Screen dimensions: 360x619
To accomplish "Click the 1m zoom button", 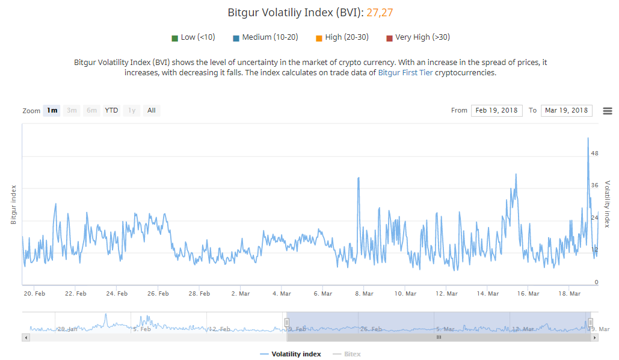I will [52, 110].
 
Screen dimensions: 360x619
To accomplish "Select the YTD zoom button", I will [111, 110].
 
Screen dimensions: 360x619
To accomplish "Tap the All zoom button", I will [152, 110].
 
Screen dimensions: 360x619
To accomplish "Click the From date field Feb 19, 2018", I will [496, 110].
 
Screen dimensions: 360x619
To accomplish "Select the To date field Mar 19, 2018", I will [566, 110].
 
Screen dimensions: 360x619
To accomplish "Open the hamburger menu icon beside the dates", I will [607, 111].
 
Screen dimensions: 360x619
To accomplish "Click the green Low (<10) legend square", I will [174, 38].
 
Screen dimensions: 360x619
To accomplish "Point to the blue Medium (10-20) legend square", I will [236, 38].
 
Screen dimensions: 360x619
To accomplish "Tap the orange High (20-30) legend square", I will [319, 38].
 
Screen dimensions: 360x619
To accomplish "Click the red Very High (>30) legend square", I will [389, 38].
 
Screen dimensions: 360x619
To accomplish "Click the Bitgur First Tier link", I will [405, 73].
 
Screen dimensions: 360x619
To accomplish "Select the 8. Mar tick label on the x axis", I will [364, 294].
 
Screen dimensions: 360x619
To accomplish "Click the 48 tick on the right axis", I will [594, 154].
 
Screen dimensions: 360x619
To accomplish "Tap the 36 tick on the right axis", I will [594, 185].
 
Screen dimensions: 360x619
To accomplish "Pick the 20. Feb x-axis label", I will [34, 294].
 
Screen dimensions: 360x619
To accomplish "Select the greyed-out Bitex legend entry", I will [352, 354].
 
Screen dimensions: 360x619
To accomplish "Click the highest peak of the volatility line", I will [588, 138].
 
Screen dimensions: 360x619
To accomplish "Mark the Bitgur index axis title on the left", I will [13, 205].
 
